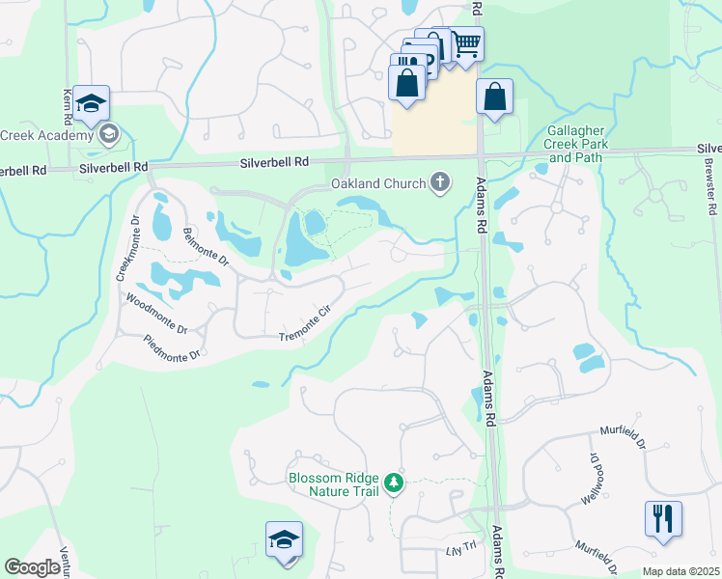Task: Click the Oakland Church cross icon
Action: [x=440, y=181]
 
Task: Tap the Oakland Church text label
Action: [x=378, y=182]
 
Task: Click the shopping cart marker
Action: [x=466, y=43]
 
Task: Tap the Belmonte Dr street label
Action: [x=205, y=247]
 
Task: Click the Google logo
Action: [x=32, y=567]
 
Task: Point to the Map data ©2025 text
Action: [x=680, y=571]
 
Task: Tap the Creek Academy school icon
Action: [x=108, y=134]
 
